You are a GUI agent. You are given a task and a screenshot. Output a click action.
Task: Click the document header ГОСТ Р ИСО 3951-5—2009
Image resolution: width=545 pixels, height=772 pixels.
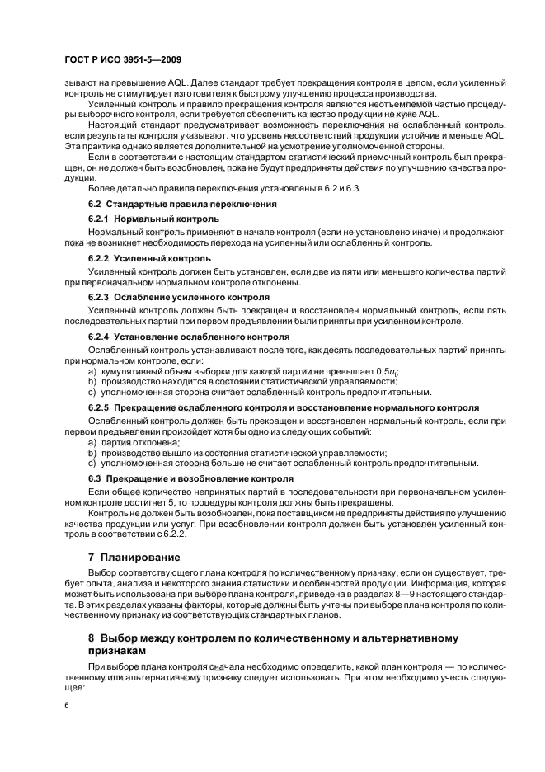point(123,61)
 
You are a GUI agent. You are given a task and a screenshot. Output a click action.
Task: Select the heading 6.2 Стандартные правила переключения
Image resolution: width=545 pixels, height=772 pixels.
point(182,203)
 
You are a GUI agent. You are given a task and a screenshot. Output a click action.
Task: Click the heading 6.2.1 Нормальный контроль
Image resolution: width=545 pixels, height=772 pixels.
point(153,219)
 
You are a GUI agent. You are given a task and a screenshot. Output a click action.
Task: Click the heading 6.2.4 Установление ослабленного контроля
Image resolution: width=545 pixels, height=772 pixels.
point(189,337)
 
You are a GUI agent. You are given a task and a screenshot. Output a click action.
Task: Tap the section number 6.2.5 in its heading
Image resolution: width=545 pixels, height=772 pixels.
point(99,407)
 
